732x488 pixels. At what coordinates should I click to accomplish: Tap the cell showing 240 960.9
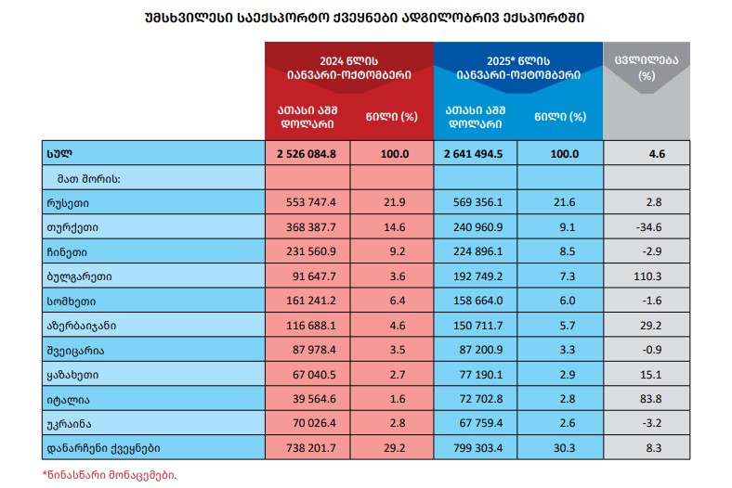(476, 226)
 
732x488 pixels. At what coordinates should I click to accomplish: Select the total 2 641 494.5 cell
(476, 153)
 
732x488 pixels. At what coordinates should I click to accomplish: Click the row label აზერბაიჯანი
(79, 327)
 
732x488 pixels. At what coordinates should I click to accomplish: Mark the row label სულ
(58, 153)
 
